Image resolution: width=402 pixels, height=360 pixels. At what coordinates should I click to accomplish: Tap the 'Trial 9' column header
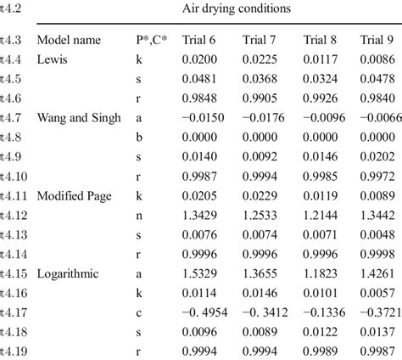(377, 40)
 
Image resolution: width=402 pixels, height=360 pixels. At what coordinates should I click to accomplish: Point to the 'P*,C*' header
(151, 40)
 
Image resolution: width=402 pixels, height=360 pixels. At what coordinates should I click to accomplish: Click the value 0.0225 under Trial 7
(259, 59)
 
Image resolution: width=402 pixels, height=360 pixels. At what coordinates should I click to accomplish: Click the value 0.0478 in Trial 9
(377, 78)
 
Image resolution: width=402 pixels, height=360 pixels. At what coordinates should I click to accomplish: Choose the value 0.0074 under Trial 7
(259, 235)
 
